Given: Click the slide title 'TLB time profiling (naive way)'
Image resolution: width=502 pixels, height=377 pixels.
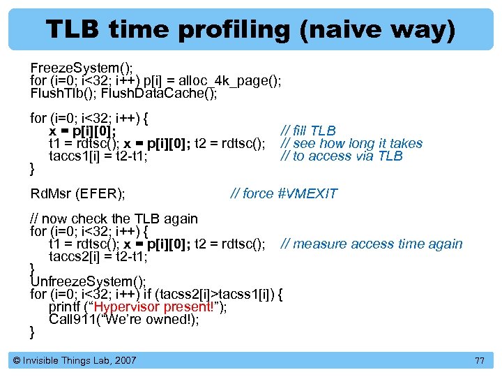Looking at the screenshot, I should (250, 29).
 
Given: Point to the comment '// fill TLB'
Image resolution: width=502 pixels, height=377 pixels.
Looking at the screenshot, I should (307, 131).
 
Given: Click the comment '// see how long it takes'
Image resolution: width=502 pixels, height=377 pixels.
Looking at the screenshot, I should (351, 143).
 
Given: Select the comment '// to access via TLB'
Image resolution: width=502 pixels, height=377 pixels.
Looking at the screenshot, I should (341, 156).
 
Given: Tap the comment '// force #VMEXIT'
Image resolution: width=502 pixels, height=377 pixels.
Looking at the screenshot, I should (283, 193).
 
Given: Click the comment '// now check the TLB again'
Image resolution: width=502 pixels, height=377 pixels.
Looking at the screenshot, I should (114, 219).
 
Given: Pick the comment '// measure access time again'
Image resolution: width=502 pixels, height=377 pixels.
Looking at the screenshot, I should (371, 244).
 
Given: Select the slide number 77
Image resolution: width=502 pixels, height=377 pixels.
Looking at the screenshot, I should (478, 360).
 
